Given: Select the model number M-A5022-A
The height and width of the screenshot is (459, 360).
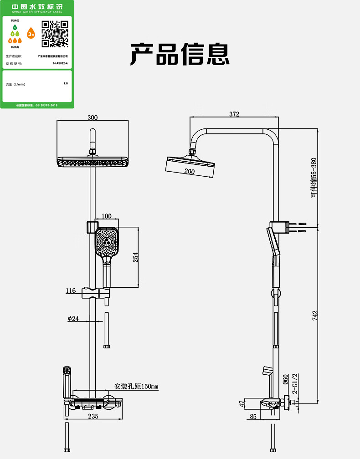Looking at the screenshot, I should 60,64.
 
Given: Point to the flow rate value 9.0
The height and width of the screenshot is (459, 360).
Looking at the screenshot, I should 66,83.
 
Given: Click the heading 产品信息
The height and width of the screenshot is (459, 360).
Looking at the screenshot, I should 180,55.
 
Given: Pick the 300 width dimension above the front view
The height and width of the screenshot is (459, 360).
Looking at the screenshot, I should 93,117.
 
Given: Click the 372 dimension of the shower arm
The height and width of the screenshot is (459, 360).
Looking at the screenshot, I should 234,114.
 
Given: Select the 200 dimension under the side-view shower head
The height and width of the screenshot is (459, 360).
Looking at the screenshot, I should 190,172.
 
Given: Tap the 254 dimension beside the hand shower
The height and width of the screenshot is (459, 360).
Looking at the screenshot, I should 135,257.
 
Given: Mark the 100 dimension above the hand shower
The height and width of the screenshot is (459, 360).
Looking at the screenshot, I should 107,216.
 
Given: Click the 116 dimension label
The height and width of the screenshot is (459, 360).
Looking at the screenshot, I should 71,291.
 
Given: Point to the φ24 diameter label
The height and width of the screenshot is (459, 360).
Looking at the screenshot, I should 73,319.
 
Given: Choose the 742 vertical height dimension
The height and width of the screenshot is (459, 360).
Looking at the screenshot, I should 315,315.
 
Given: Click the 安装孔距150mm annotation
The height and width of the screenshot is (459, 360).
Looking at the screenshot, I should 136,387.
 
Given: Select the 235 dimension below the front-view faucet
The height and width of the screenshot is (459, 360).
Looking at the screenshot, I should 93,416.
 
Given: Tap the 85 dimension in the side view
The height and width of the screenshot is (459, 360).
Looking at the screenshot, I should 253,416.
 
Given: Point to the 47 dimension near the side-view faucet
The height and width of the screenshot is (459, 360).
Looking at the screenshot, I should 242,403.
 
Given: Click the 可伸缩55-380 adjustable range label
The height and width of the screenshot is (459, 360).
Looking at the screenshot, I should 314,178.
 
